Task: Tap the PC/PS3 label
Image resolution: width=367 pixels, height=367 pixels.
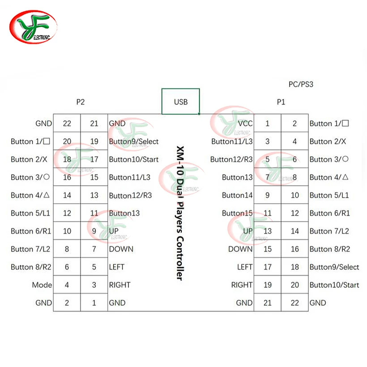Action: tap(301, 84)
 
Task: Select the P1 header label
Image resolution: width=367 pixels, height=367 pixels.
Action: tap(281, 102)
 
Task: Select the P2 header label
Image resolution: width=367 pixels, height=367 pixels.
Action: tap(80, 102)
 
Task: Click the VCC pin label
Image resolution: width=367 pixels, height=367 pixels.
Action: tap(245, 124)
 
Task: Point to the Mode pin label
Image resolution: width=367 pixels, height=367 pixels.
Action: tap(42, 285)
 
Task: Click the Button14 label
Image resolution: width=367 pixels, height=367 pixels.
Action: tap(237, 195)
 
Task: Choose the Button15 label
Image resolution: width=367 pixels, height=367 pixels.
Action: tap(237, 213)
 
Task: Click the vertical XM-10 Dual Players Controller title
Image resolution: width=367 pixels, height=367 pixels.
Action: tap(180, 213)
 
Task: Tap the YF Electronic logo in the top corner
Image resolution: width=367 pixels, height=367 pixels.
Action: tap(33, 27)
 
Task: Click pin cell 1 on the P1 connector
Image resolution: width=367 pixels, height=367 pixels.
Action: tap(267, 123)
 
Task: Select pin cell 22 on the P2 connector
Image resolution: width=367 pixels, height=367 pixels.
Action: tap(67, 123)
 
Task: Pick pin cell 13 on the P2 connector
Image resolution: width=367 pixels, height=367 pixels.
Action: tap(94, 195)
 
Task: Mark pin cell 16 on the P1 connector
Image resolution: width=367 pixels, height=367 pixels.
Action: tap(294, 249)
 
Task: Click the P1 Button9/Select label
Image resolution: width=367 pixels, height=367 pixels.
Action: tap(334, 267)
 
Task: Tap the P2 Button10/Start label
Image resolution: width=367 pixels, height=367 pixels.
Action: tap(134, 159)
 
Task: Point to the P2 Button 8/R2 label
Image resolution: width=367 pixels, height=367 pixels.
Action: tap(31, 267)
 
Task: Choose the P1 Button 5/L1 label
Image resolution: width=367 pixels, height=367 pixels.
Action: tap(329, 195)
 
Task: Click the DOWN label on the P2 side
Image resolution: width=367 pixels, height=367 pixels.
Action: tap(121, 249)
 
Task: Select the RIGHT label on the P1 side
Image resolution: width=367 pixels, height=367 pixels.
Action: tap(242, 285)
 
